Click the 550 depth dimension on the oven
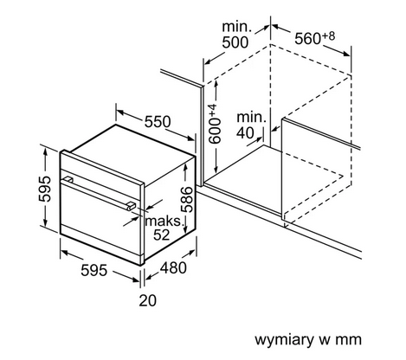point(158,122)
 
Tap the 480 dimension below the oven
point(173,268)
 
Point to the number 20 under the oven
point(148,300)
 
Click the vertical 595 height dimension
point(45,189)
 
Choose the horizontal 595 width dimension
point(94,271)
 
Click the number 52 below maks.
point(162,235)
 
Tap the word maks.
point(164,222)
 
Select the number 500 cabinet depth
point(235,42)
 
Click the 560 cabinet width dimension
point(307,39)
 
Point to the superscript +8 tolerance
point(328,36)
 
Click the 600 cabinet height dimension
point(216,131)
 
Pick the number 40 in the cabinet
point(246,132)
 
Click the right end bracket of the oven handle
point(131,206)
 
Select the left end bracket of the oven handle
point(68,180)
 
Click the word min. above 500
point(237,27)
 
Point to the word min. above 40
point(252,118)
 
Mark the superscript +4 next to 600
point(213,111)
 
